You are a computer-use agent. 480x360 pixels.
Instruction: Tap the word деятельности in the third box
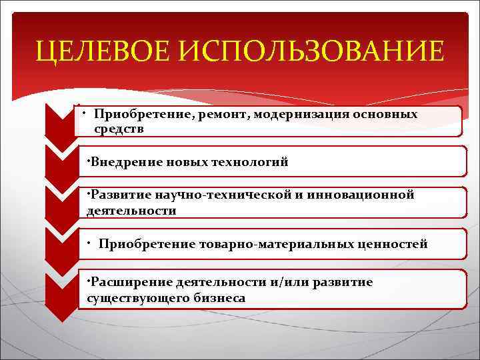[131, 211]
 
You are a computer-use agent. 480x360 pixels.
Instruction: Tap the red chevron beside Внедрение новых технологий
[59, 164]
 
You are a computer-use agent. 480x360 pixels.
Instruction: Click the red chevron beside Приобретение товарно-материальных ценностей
[59, 246]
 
